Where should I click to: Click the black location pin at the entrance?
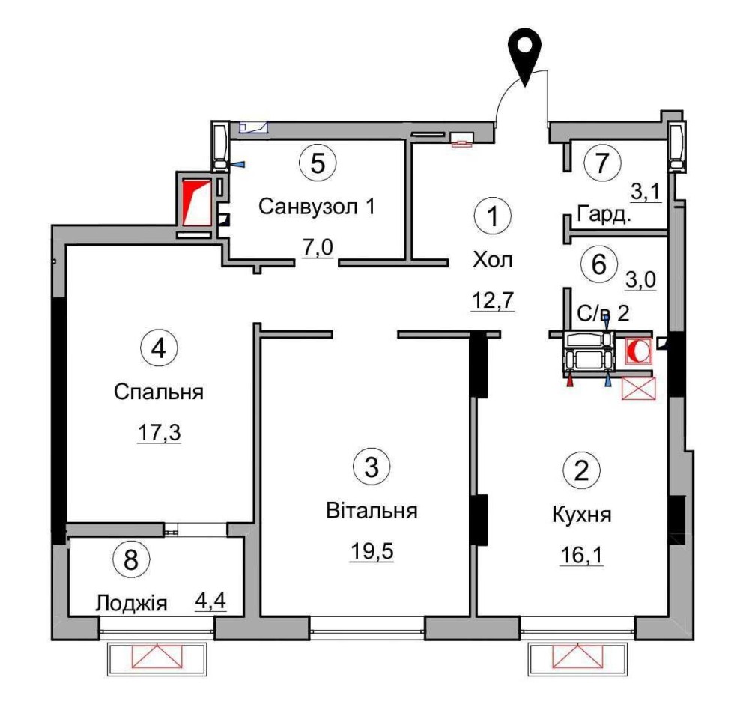coord(525,52)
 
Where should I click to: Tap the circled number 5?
coord(318,163)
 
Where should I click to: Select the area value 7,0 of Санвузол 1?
coord(318,249)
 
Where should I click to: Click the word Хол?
coord(493,261)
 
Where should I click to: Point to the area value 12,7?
coord(493,300)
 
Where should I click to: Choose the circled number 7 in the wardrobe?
coord(602,163)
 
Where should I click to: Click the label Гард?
coord(604,214)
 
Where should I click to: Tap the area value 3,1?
coord(646,192)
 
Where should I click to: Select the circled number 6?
coord(599,264)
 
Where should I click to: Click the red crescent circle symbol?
coord(638,351)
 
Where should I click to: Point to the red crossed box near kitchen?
coord(639,388)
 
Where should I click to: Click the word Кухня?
coord(582,515)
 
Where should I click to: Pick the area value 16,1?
coord(581,556)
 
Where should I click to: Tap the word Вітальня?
coord(372,511)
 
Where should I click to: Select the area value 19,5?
coord(372,551)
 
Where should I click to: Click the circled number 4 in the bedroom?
coord(159,348)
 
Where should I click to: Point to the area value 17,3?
coord(159,433)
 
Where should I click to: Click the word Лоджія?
coord(131,604)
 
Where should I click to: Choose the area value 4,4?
coord(210,601)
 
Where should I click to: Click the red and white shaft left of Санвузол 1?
coord(196,202)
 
